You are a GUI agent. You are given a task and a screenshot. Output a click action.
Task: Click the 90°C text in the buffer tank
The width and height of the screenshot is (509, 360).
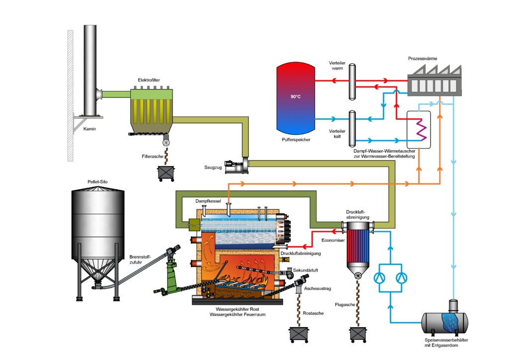(296, 96)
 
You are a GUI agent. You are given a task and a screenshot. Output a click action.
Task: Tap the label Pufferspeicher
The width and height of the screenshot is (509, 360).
(296, 140)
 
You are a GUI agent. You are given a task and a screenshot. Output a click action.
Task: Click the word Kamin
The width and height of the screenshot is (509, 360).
(89, 129)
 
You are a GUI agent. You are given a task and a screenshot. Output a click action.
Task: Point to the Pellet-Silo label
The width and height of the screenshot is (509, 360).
(97, 181)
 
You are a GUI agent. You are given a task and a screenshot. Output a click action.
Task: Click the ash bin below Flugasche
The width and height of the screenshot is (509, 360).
(358, 334)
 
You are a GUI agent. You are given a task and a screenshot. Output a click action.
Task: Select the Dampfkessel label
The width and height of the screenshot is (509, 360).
(208, 200)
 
